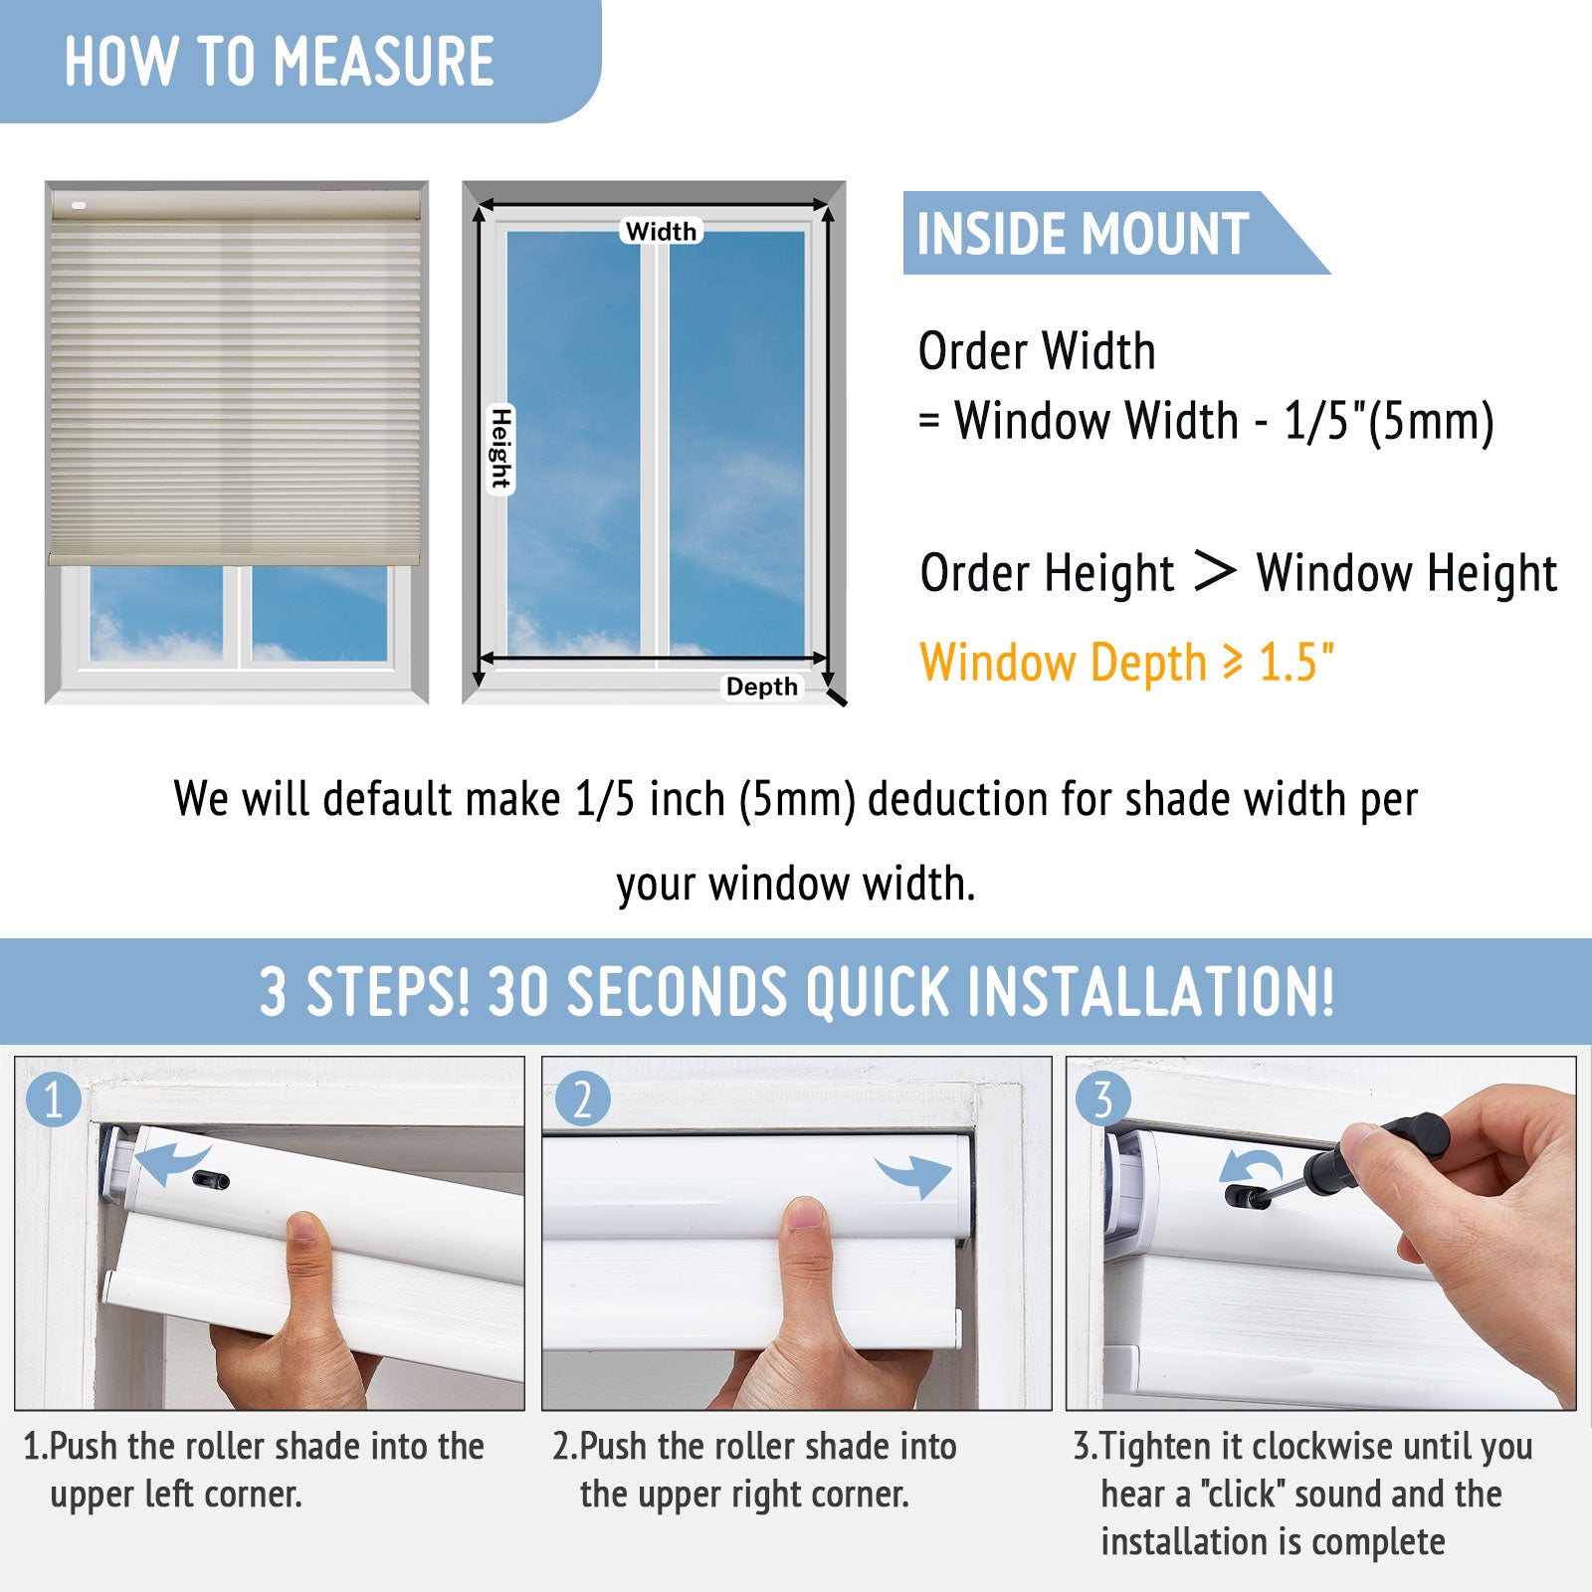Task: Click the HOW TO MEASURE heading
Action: (x=279, y=62)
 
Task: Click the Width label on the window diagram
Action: (x=662, y=231)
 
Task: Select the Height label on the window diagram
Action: (x=500, y=449)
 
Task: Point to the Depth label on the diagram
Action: (x=762, y=687)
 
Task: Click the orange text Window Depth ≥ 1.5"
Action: (x=1127, y=663)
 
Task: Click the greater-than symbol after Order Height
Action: (x=1215, y=571)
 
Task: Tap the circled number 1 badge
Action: (x=53, y=1099)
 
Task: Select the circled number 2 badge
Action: (x=582, y=1099)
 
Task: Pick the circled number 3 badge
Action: (x=1102, y=1099)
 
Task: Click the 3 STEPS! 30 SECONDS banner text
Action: (x=796, y=992)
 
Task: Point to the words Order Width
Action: (x=1037, y=351)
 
